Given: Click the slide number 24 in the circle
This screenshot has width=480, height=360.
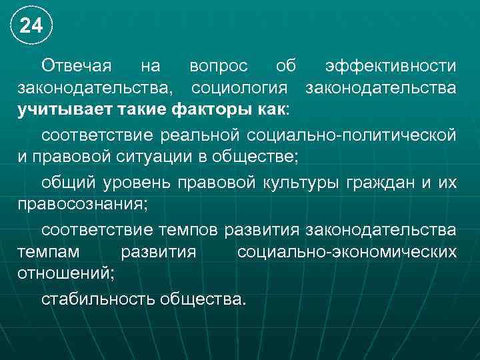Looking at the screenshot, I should pyautogui.click(x=31, y=26).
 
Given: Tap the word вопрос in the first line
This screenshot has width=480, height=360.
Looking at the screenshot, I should pyautogui.click(x=219, y=67).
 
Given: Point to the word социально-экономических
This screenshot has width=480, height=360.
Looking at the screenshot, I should pyautogui.click(x=347, y=252).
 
